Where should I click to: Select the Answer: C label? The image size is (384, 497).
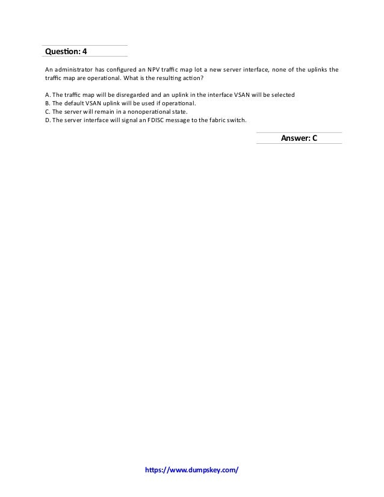299,138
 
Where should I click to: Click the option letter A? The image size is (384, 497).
48,96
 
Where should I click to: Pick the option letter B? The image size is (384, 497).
48,103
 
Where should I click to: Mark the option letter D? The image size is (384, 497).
48,119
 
